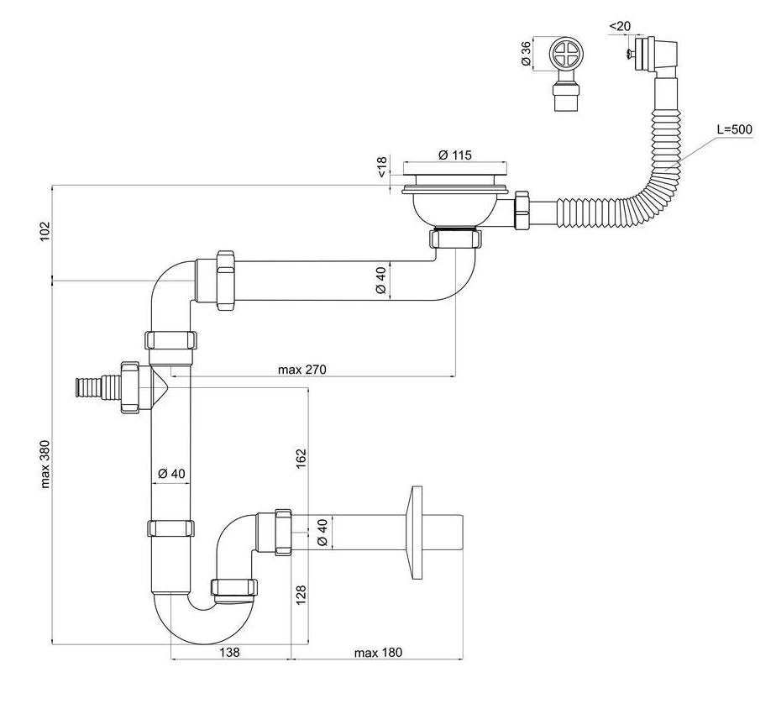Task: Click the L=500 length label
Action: coord(735,130)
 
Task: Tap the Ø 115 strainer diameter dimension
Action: coord(454,155)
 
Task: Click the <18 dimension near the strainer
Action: coord(382,166)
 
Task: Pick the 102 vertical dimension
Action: coord(45,232)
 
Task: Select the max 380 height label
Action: coord(45,464)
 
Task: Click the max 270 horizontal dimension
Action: coord(302,369)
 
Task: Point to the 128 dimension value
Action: coord(301,595)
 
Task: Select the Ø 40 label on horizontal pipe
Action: coord(380,280)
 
